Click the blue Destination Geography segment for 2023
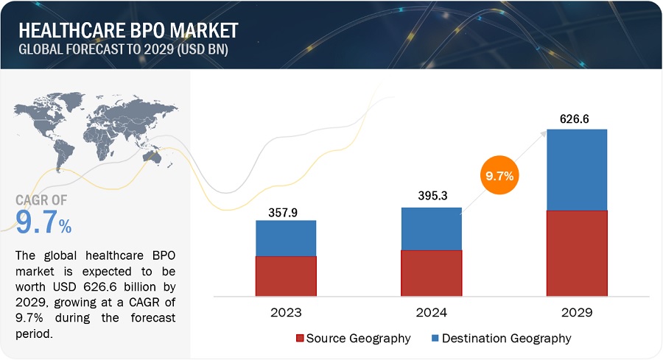[286, 238]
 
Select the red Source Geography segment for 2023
[286, 276]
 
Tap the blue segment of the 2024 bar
[431, 228]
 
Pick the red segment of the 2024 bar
[431, 273]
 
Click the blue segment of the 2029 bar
[577, 170]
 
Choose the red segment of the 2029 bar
[577, 253]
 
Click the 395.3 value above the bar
[431, 198]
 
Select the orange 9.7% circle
[499, 177]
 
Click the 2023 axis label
[286, 313]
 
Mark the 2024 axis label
[431, 313]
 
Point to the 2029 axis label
[577, 313]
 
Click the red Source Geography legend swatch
[299, 339]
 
